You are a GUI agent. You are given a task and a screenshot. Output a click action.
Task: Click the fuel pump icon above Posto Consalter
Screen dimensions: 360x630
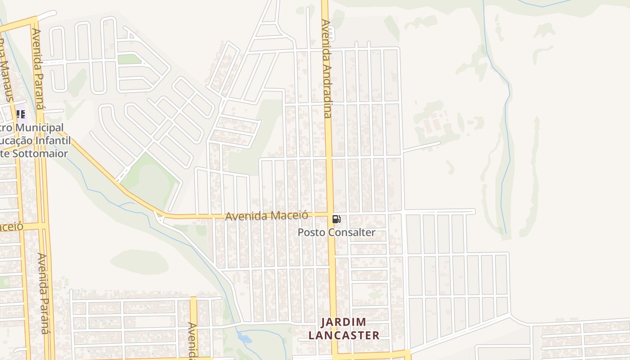pos(336,219)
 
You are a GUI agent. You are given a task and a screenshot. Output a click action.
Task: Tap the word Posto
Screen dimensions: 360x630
pos(311,233)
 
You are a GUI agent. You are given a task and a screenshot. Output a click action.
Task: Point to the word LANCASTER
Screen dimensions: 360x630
pos(350,335)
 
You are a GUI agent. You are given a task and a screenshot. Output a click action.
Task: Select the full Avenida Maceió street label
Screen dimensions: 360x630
pos(266,216)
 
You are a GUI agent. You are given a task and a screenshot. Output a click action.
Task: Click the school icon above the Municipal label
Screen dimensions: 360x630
pos(20,114)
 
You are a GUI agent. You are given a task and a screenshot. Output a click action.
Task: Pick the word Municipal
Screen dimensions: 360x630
pos(40,128)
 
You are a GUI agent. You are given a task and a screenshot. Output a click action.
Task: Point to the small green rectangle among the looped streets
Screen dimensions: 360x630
pos(129,59)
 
